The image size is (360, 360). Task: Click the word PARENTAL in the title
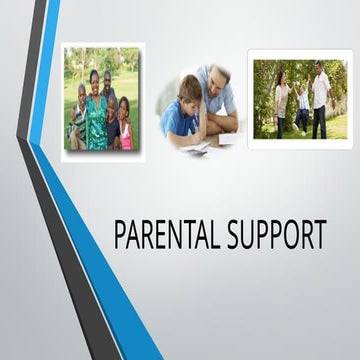(x=172, y=236)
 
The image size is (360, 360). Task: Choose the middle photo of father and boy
(x=200, y=108)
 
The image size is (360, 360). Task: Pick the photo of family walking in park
(x=299, y=98)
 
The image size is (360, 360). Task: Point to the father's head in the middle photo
(x=213, y=80)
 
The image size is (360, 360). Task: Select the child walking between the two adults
(x=301, y=113)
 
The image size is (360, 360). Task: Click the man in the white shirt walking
(x=320, y=100)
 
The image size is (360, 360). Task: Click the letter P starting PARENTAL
(x=122, y=236)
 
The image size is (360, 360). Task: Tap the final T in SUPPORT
(x=319, y=236)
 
